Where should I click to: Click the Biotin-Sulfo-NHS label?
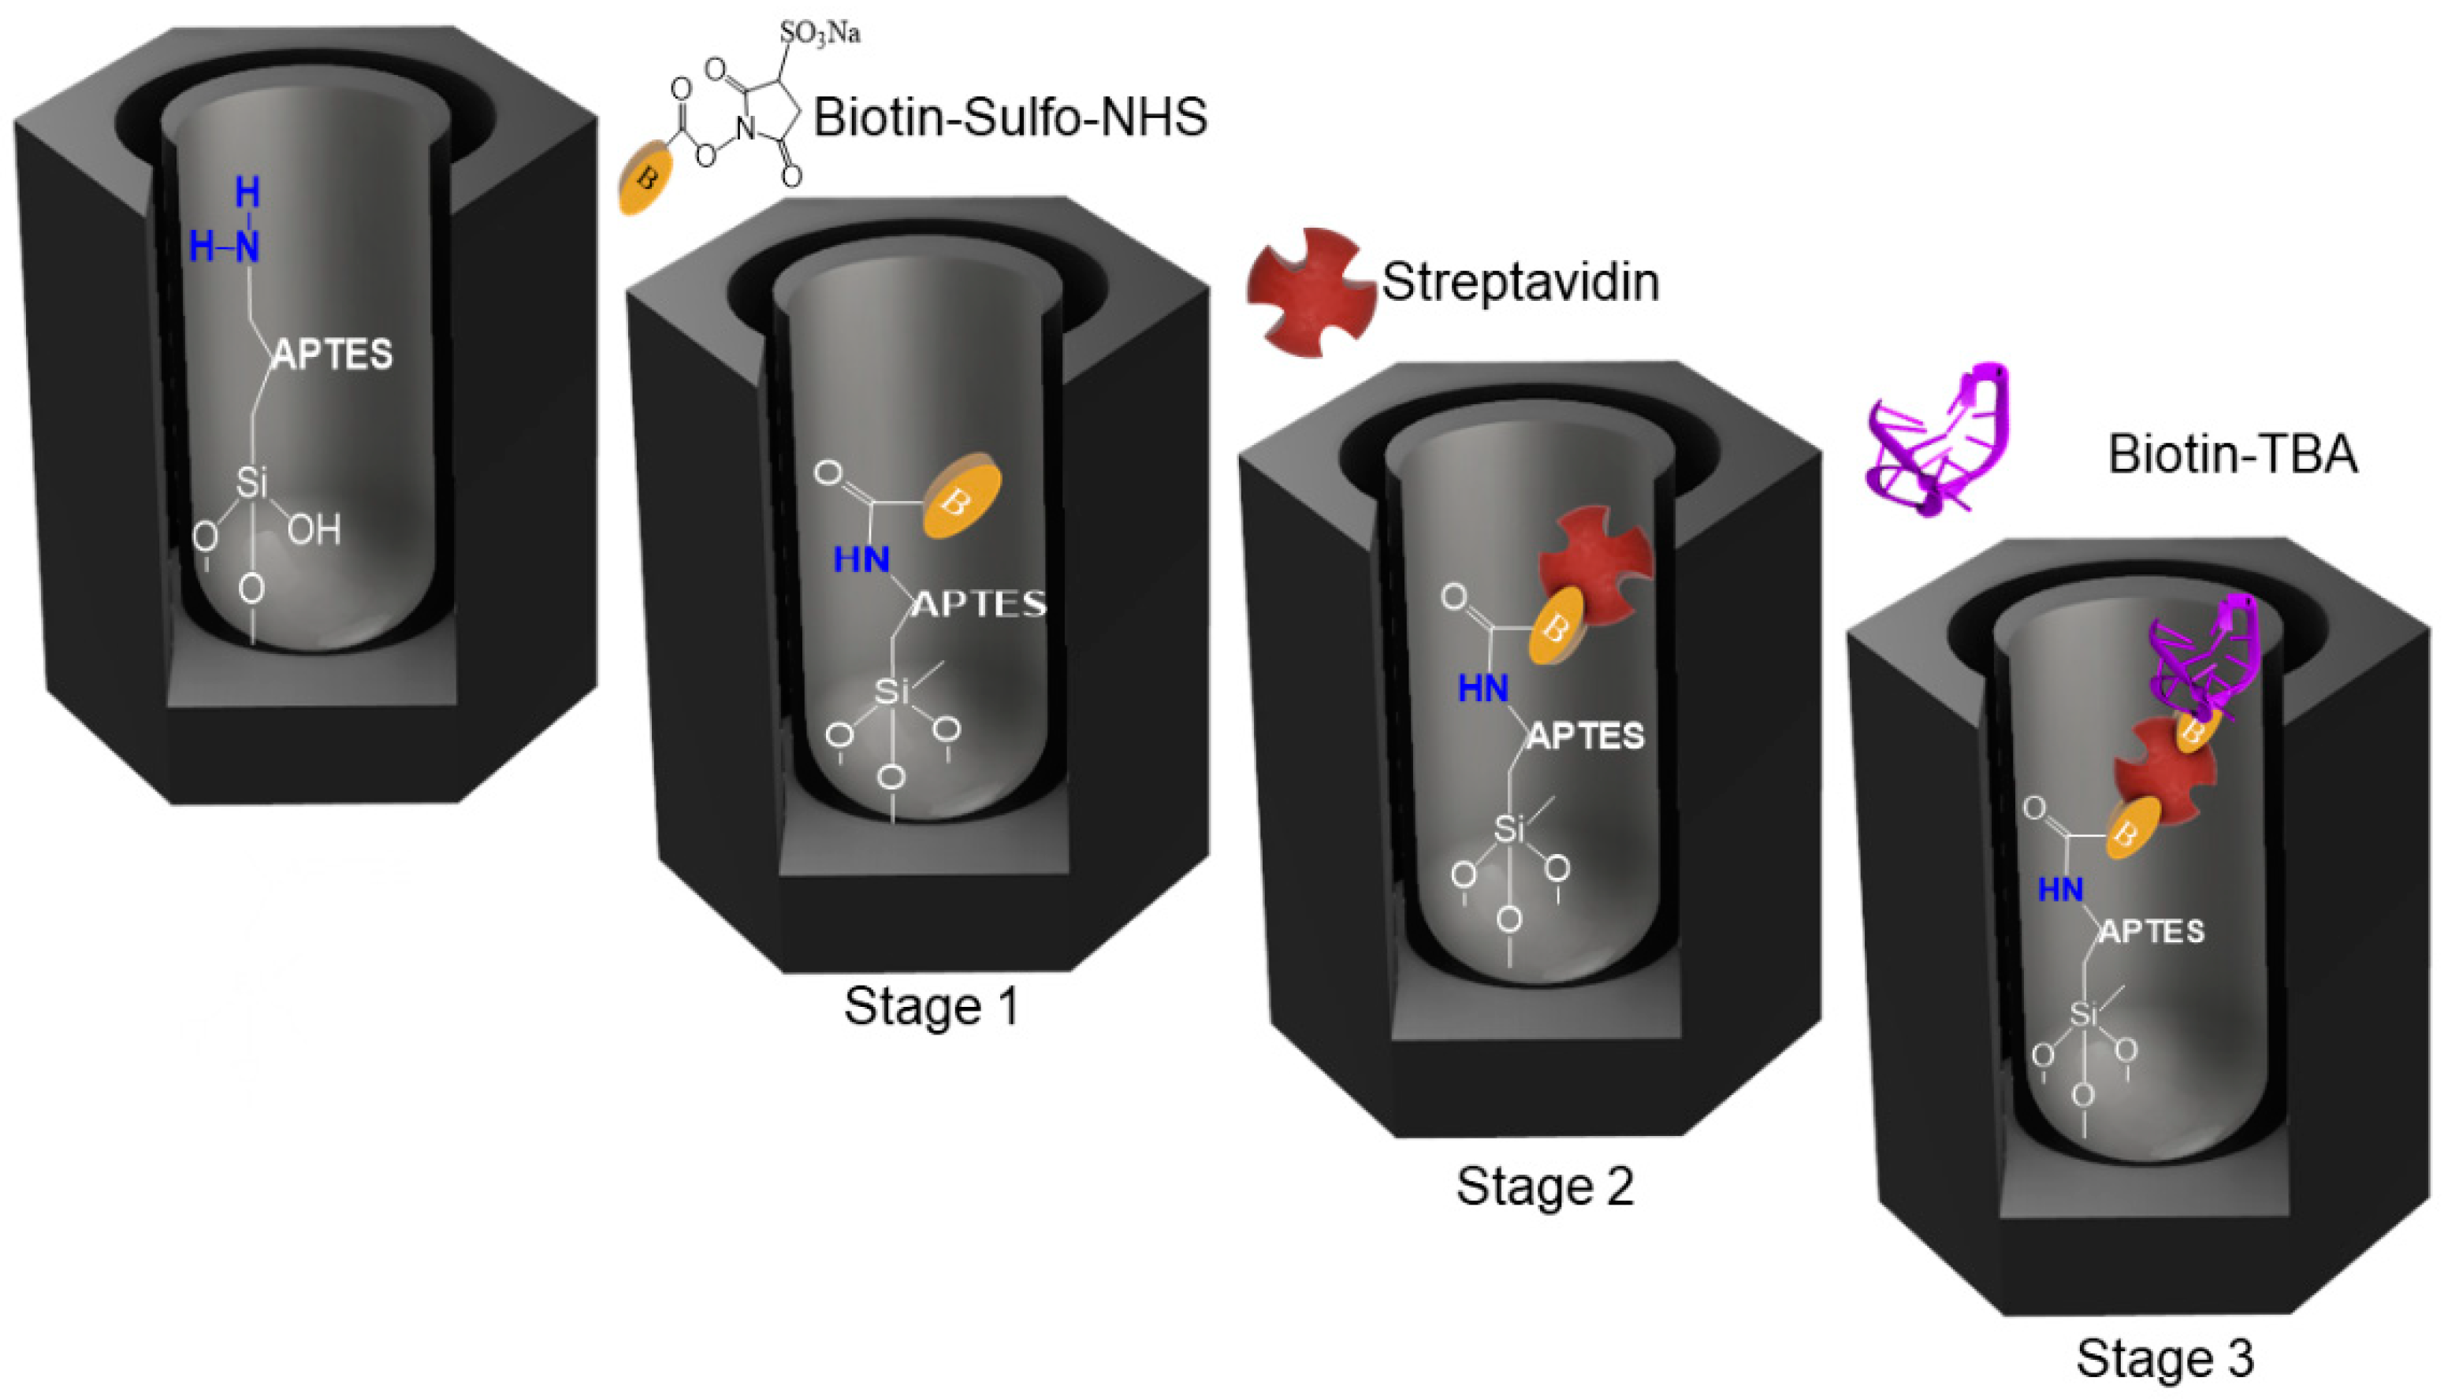coord(1010,118)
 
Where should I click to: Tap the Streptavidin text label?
coord(1520,283)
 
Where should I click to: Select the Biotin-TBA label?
coord(2232,454)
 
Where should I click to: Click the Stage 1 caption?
coord(931,1007)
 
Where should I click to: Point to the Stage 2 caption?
coord(1545,1186)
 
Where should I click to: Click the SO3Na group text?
coord(820,34)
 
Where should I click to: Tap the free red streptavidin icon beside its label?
coord(1310,292)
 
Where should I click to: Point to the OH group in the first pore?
coord(314,529)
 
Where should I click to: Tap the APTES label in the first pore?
coord(333,355)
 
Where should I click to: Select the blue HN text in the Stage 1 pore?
coord(861,559)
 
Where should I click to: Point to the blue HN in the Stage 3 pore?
coord(2060,890)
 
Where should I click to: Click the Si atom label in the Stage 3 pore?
coord(2083,1015)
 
